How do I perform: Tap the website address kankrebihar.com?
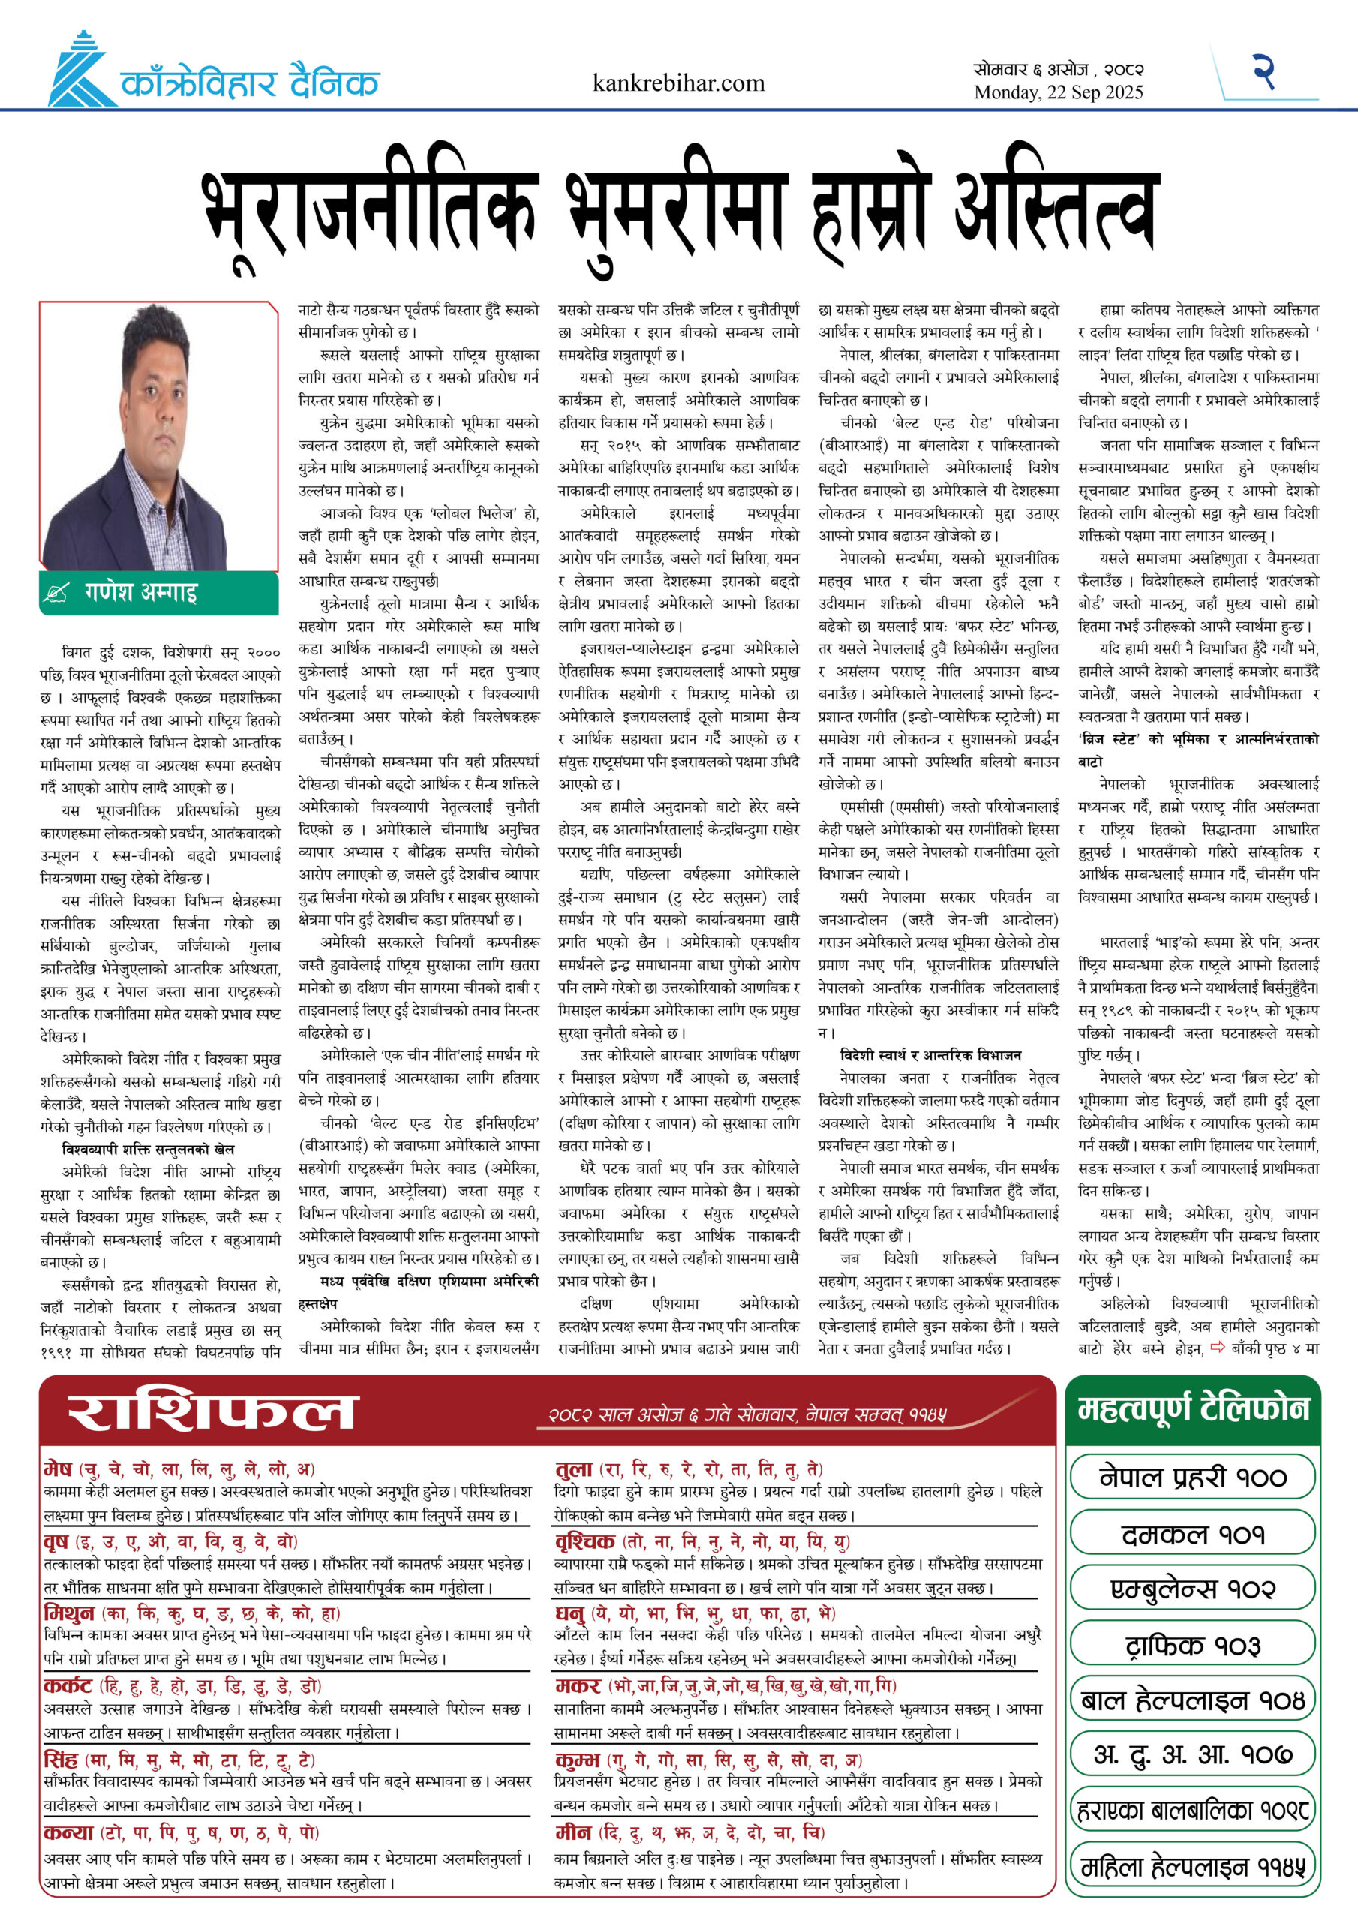coord(677,83)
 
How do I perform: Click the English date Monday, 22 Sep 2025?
coord(1058,93)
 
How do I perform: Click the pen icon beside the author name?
coord(57,594)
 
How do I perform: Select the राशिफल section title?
coord(212,1412)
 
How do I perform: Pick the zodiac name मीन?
coord(574,1832)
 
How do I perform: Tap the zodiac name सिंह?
coord(60,1759)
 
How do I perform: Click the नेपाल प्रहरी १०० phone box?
coord(1192,1477)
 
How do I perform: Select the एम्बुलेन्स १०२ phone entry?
coord(1192,1589)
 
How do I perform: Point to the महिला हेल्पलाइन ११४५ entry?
coord(1192,1868)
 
